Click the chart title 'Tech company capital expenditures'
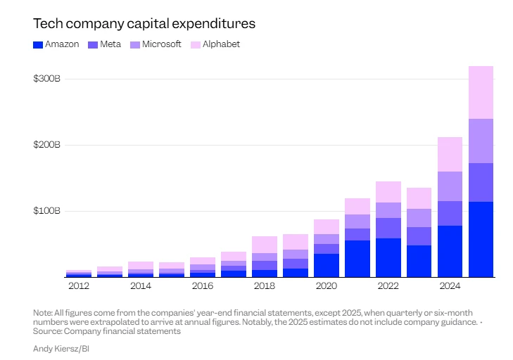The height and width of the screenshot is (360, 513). [x=144, y=23]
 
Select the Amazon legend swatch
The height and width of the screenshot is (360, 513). [x=38, y=44]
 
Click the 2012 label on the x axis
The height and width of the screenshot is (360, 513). [x=78, y=287]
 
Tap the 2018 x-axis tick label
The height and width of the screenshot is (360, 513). [x=264, y=287]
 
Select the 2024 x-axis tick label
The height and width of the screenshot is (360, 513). [x=450, y=287]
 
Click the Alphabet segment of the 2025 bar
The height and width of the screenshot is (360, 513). [x=481, y=92]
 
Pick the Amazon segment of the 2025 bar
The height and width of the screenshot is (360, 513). [x=481, y=239]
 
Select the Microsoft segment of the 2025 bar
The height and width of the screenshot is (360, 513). [x=481, y=141]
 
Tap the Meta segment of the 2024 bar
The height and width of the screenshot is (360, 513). [x=450, y=213]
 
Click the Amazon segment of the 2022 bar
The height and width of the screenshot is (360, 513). [x=388, y=257]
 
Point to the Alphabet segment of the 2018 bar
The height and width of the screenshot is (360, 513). [x=264, y=244]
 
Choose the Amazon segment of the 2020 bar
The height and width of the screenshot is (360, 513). [x=326, y=265]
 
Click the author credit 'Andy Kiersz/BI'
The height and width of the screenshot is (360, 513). [x=61, y=349]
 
